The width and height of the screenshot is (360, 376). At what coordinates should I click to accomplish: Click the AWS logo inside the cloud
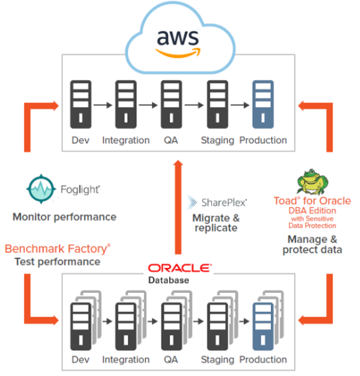178,44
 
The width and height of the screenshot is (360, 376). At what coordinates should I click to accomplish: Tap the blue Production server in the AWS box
263,104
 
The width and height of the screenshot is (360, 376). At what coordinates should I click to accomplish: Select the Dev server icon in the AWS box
81,104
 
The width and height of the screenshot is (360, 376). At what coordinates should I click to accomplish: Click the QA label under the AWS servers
171,140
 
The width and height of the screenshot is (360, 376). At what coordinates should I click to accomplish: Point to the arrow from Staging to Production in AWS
240,105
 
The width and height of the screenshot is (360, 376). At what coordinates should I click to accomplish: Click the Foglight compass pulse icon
41,189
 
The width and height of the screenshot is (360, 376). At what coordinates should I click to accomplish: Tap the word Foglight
80,190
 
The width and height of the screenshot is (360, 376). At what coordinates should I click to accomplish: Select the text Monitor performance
64,217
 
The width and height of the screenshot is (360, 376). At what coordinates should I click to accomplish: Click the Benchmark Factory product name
57,249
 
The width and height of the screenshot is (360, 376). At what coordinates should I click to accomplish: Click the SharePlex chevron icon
192,202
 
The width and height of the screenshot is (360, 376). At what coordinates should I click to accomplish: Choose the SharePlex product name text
224,202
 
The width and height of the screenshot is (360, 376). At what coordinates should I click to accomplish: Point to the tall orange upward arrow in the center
178,207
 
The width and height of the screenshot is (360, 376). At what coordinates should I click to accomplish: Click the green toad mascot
312,182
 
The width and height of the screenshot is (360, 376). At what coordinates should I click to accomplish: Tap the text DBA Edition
312,210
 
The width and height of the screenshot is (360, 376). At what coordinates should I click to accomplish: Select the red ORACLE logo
180,268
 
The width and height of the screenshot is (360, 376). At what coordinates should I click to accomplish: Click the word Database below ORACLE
169,280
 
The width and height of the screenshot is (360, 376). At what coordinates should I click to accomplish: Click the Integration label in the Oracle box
126,360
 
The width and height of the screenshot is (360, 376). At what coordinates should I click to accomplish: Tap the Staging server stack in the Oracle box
222,321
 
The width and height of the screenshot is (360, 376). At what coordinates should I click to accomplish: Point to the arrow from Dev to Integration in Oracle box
107,321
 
